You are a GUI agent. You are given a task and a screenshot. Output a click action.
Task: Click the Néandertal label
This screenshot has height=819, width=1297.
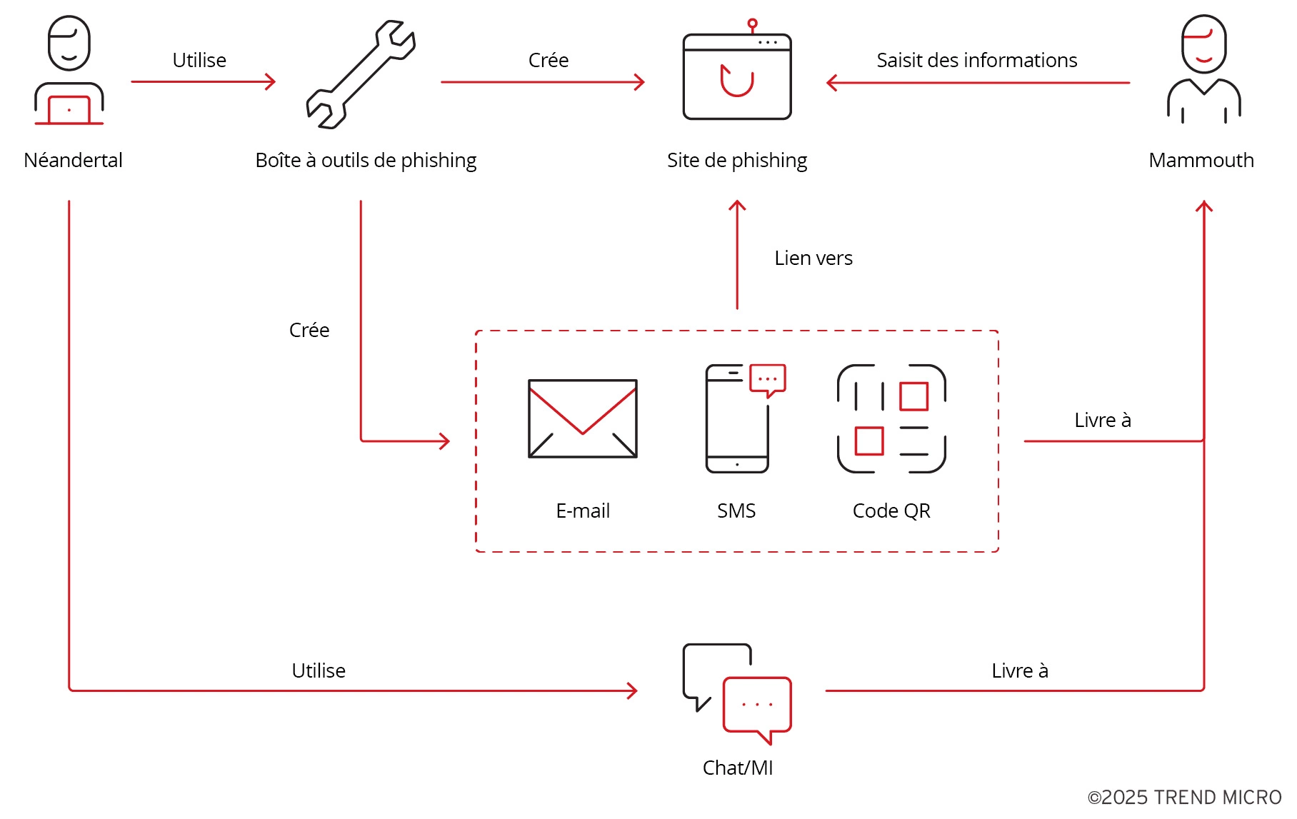73,160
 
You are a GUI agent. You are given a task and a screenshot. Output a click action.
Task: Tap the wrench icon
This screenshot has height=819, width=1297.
361,74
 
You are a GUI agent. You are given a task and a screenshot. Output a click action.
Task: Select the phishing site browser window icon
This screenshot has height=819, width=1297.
737,76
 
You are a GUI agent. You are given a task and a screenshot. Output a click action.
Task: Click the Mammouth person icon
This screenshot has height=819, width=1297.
1203,70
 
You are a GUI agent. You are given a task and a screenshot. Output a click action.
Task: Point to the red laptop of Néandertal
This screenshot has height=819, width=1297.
69,110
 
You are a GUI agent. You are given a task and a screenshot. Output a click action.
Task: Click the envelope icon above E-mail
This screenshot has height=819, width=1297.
583,418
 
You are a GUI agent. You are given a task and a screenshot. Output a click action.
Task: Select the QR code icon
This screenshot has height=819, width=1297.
891,418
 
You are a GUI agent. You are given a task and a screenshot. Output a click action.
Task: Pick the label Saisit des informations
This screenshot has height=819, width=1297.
976,60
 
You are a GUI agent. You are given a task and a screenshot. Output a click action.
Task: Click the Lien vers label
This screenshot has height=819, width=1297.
813,258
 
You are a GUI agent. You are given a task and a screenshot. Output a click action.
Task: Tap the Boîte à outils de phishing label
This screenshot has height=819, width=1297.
366,160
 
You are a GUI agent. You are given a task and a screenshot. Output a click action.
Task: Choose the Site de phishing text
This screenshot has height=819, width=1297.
737,160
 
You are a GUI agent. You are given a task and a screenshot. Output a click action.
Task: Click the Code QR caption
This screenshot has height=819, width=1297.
891,511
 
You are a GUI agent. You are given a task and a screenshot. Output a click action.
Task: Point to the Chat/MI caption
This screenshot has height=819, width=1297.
738,768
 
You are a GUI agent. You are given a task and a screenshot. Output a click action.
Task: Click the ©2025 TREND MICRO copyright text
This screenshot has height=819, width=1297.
1184,798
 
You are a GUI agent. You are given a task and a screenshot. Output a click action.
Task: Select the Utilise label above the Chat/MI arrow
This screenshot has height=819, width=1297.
319,670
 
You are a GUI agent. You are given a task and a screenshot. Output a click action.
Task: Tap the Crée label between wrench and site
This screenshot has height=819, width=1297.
549,60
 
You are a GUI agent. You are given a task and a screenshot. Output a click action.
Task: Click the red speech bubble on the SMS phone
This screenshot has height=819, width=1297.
768,379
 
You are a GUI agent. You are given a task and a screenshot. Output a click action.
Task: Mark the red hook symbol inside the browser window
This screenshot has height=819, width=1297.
737,80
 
